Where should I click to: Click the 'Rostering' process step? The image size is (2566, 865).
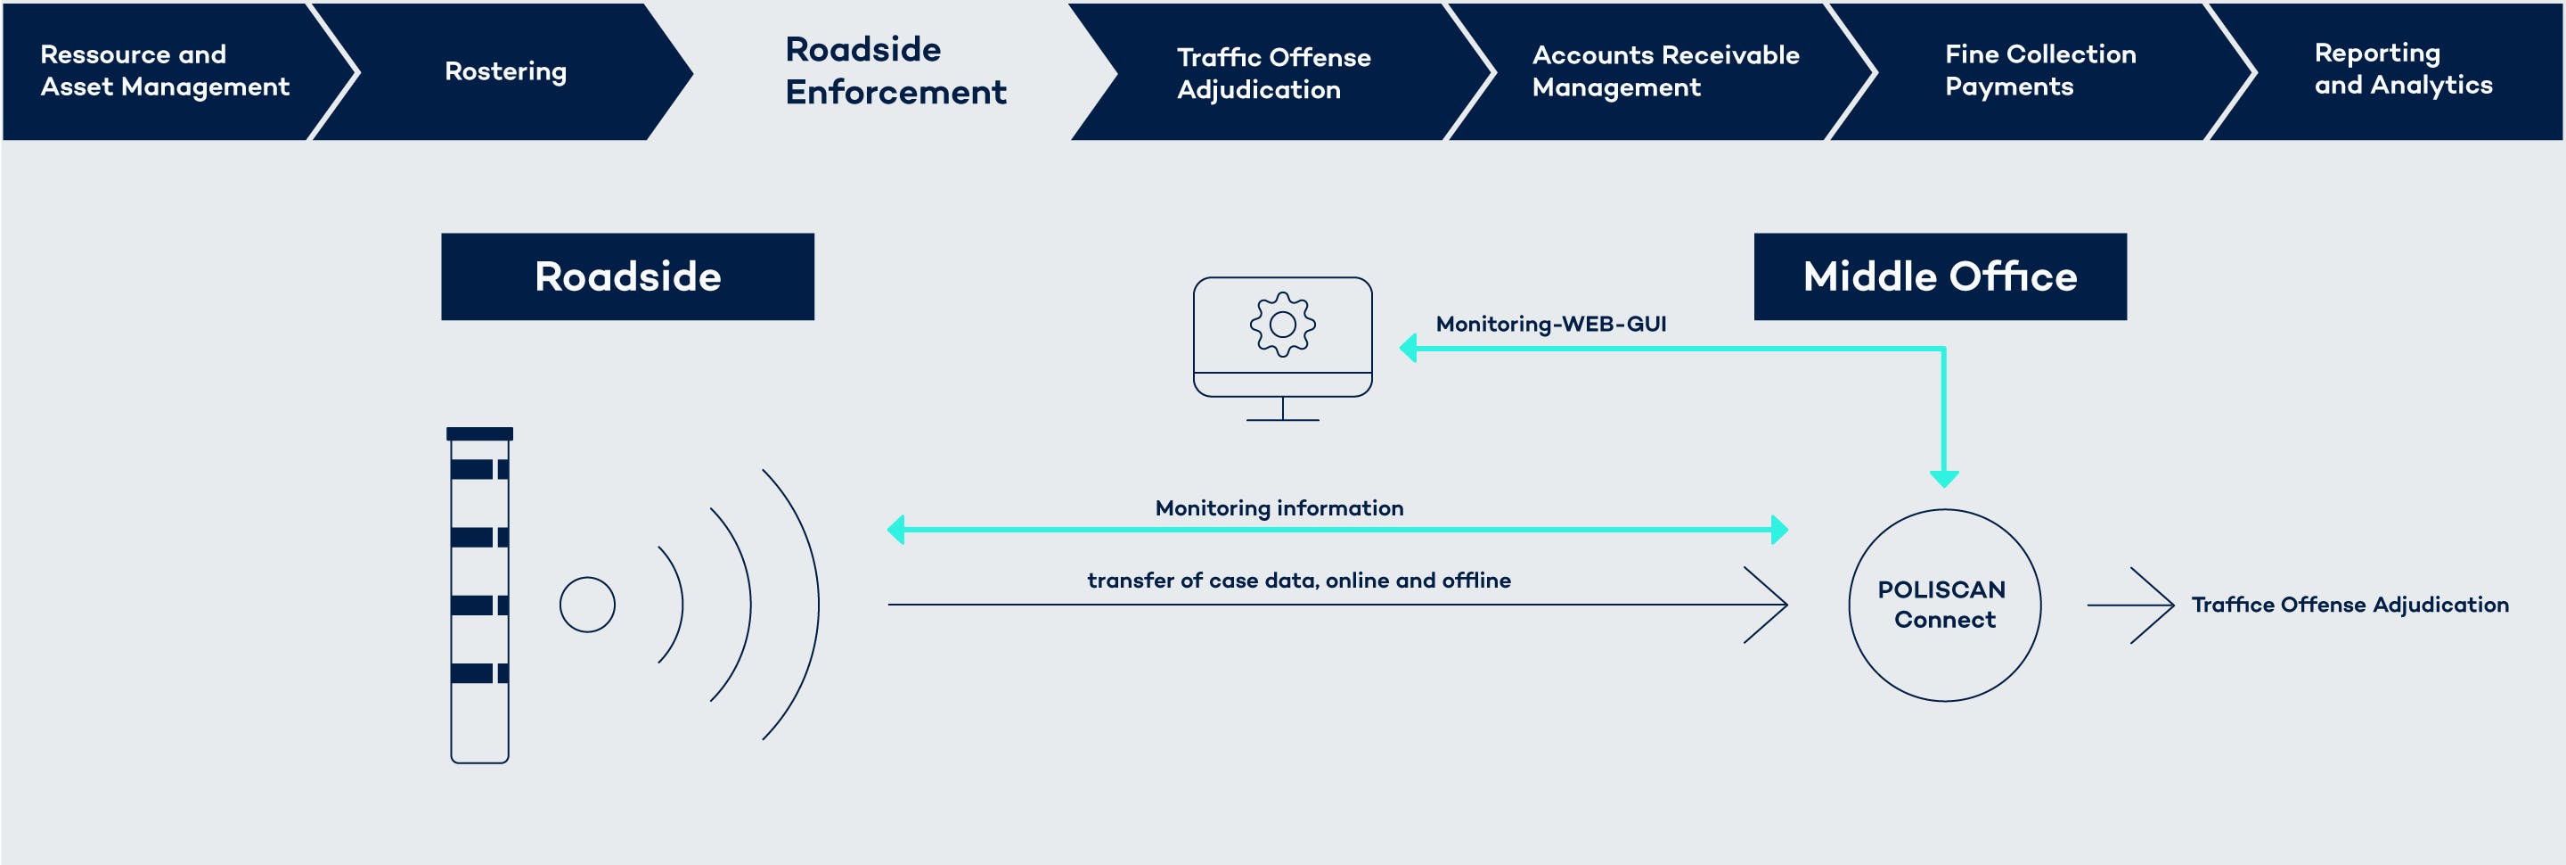click(x=505, y=71)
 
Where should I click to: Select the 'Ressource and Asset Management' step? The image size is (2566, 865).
click(x=164, y=70)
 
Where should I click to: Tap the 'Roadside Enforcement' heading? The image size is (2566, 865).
click(x=895, y=70)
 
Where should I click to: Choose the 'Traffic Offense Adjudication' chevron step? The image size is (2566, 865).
click(x=1273, y=73)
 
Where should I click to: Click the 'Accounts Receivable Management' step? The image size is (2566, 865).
click(x=1664, y=70)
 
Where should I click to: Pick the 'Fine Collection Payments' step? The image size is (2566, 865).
click(x=2039, y=70)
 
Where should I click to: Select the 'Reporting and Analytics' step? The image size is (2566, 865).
click(x=2402, y=69)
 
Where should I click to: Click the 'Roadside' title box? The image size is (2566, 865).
click(x=627, y=277)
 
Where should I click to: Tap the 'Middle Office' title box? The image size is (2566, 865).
click(x=1940, y=277)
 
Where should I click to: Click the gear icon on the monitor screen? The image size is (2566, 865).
click(x=1282, y=324)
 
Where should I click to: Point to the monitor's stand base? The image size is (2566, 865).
click(x=1282, y=418)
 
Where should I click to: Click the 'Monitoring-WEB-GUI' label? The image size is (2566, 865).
click(x=1550, y=324)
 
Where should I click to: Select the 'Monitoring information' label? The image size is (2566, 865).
click(x=1279, y=508)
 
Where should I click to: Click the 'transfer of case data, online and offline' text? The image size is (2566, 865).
click(x=1298, y=580)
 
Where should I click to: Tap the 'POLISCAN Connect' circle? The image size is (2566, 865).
click(x=1943, y=605)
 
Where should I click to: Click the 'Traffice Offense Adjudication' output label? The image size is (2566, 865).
click(x=2349, y=605)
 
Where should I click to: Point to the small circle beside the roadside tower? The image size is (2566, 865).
click(x=587, y=605)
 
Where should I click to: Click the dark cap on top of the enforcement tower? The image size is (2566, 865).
click(x=479, y=433)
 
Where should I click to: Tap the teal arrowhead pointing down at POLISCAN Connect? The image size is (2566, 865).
click(x=1943, y=478)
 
